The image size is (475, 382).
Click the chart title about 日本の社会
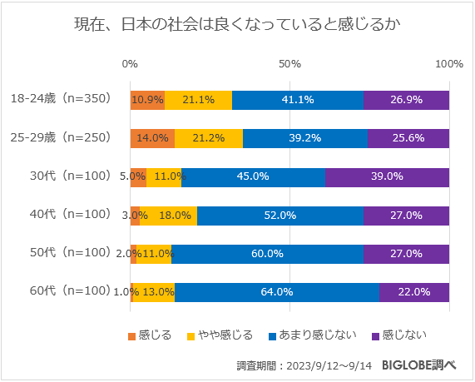click(237, 25)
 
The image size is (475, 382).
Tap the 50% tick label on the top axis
click(289, 64)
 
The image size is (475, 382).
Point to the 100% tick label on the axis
click(449, 64)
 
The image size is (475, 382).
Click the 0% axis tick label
click(130, 64)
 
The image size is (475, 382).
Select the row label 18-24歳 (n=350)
click(60, 99)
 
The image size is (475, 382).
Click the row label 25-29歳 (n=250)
click(60, 137)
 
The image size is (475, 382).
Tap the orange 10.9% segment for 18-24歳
click(147, 99)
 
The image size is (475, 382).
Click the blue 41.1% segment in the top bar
click(298, 99)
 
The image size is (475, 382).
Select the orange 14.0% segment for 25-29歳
click(152, 138)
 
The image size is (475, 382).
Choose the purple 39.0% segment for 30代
click(387, 176)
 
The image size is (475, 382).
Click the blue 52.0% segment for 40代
click(280, 215)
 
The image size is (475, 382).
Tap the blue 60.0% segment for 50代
click(267, 253)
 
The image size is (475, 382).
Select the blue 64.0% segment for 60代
click(277, 291)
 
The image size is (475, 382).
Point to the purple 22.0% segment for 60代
click(414, 291)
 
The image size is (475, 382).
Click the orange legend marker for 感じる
click(131, 336)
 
